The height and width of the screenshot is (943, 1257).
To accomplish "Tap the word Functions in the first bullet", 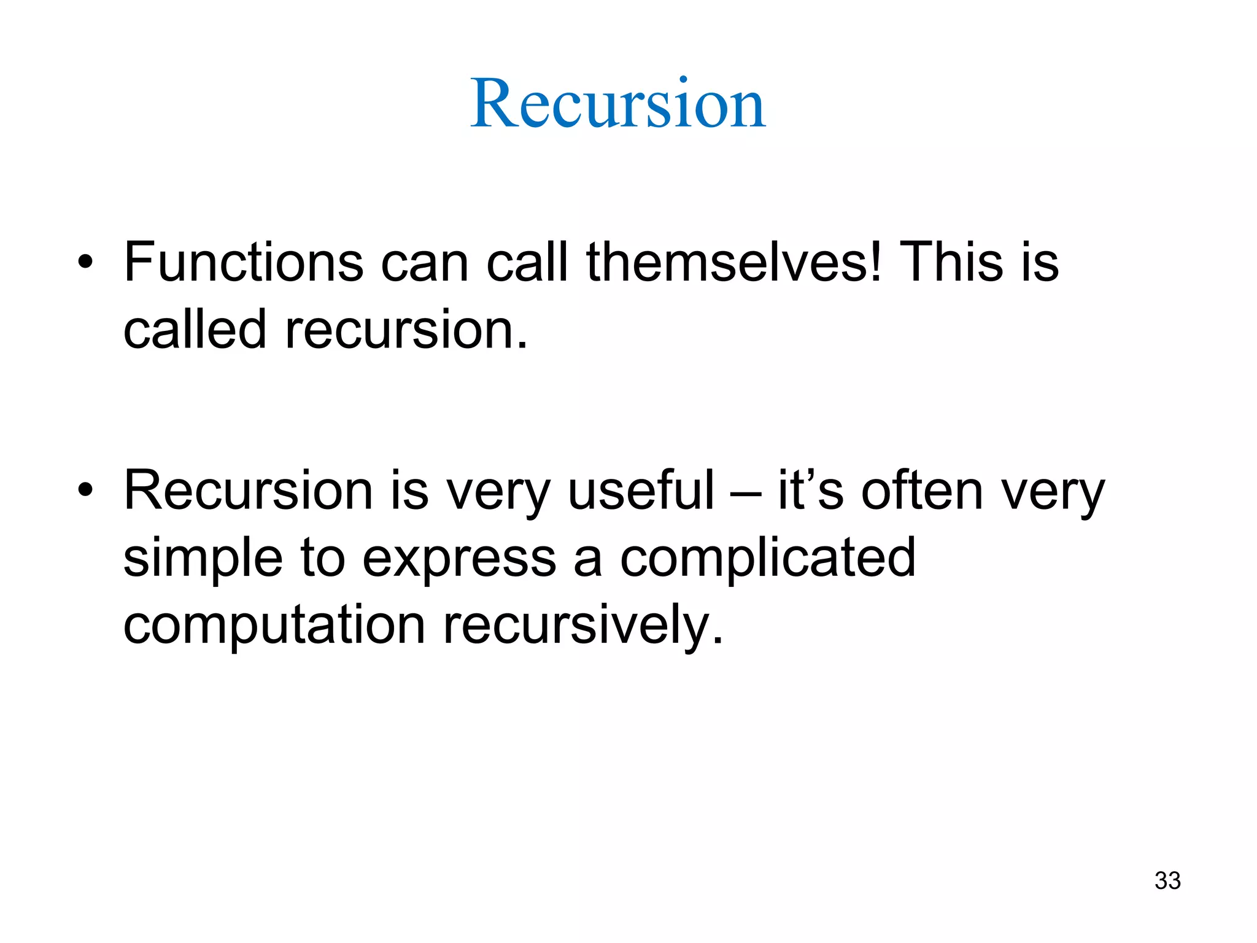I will pos(244,262).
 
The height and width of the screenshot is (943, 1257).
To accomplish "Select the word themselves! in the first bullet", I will pos(734,262).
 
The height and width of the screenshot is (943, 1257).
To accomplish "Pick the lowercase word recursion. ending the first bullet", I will pos(406,330).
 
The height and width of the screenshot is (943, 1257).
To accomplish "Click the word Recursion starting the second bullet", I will pos(249,491).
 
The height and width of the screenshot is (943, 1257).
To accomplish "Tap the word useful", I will pos(641,491).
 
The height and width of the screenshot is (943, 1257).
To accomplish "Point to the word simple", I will pos(203,558).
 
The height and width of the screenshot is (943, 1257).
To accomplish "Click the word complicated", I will pos(768,558).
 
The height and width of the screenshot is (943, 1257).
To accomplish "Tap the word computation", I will pos(274,626).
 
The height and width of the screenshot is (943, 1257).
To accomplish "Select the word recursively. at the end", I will pos(583,626).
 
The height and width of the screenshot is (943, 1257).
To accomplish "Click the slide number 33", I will pos(1167,880).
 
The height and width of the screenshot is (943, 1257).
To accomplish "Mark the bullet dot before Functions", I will pos(85,263).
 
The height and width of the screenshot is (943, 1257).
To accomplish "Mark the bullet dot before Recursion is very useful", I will pos(85,491).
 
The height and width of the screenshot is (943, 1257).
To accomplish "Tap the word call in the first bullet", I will pos(527,262).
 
